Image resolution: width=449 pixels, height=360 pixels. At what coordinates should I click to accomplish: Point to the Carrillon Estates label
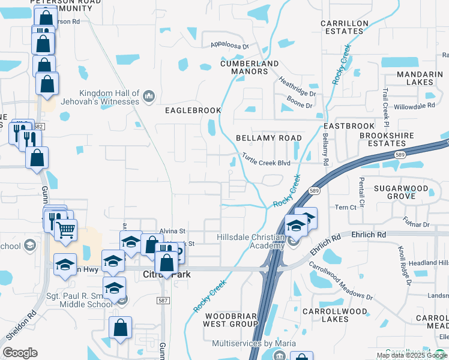(344, 28)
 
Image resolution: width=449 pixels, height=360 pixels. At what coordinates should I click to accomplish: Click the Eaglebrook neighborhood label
(193, 110)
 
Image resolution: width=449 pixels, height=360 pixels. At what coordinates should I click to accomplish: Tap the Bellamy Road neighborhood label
(268, 137)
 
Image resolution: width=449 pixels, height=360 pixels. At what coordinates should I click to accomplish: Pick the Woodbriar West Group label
(231, 319)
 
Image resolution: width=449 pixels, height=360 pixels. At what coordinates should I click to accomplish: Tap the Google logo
(20, 353)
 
